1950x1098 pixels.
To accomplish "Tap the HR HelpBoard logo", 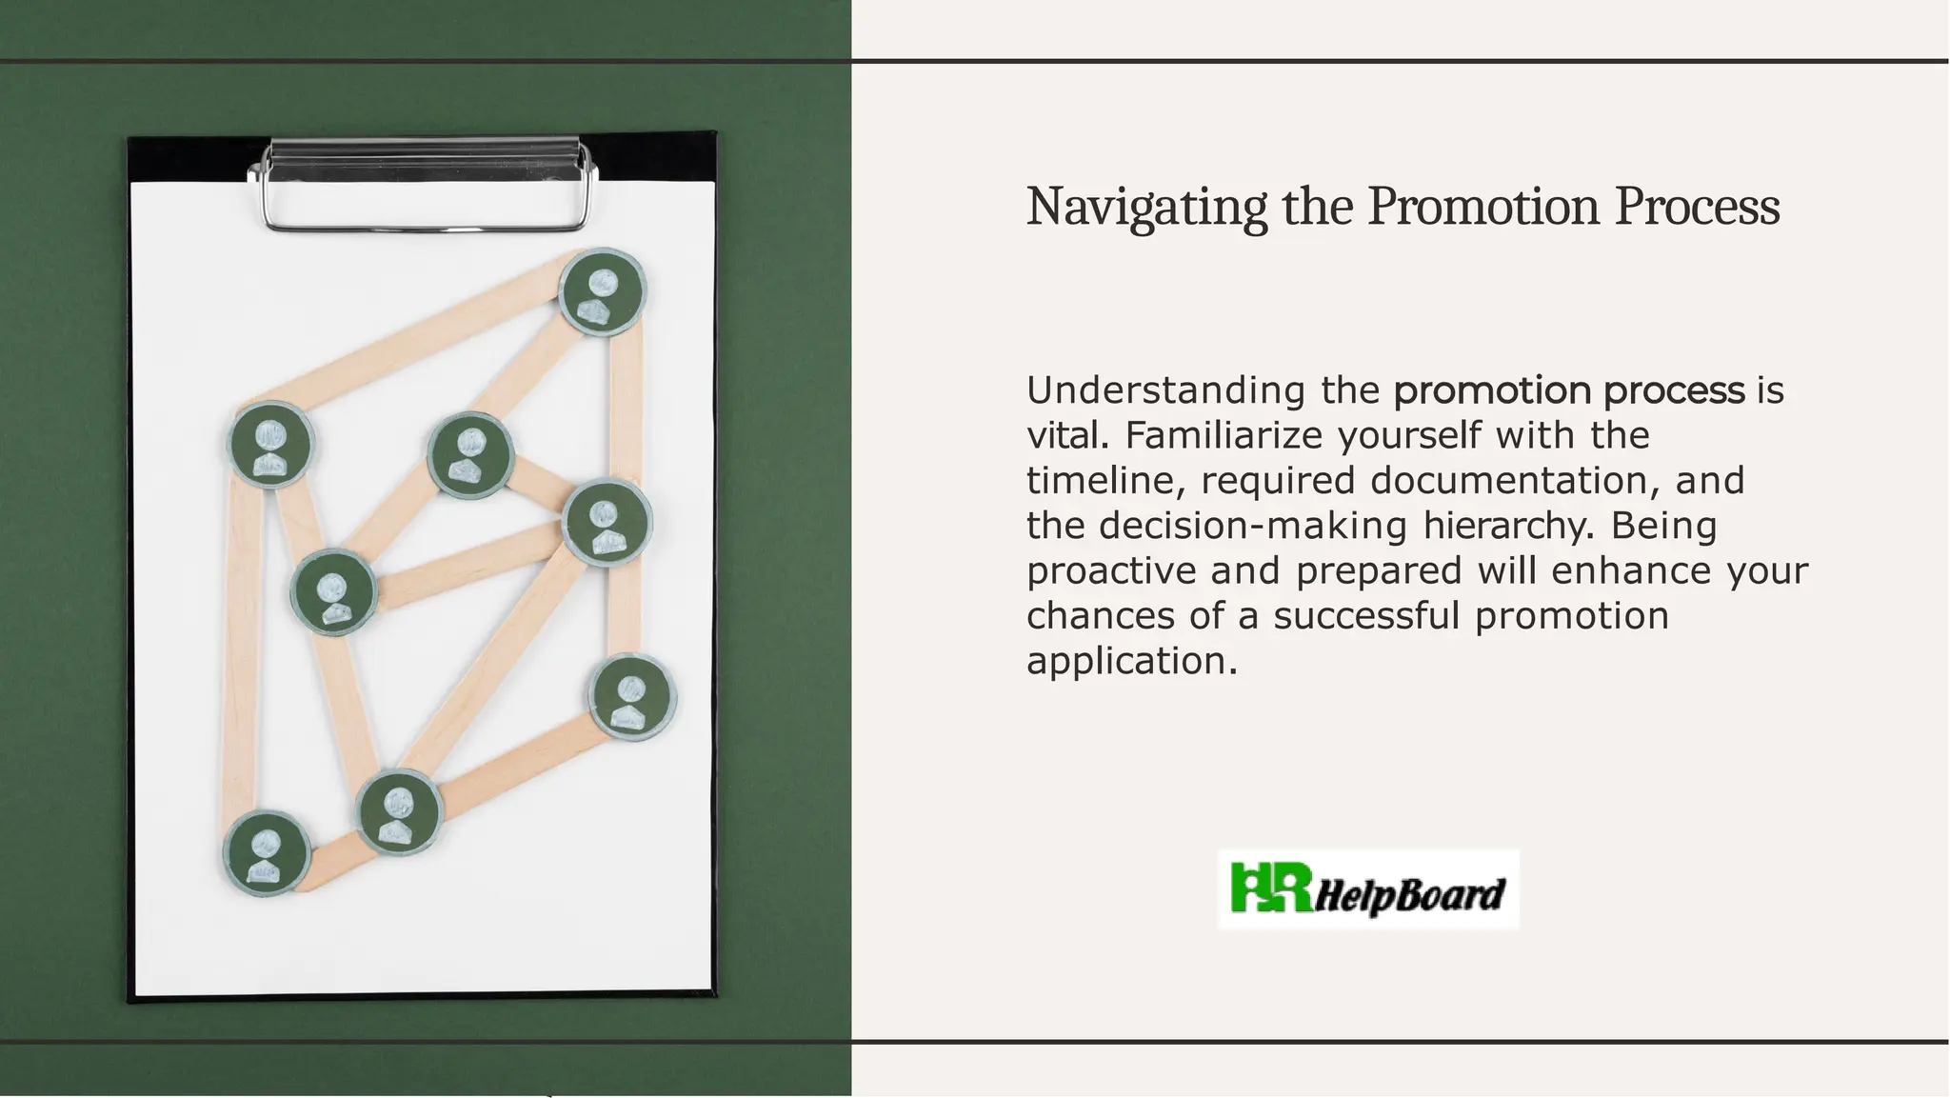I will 1368,889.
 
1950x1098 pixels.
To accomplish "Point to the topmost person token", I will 602,290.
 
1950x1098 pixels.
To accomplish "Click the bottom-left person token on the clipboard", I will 267,853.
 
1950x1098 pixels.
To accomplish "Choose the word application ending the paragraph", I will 1131,661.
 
